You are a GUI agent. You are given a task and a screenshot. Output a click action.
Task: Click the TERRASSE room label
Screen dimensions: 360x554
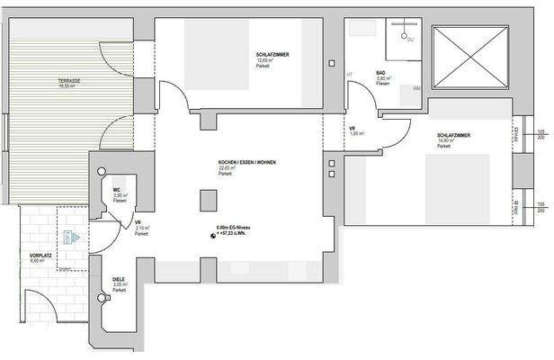point(69,81)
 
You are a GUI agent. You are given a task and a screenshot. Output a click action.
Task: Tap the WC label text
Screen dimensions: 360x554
point(117,190)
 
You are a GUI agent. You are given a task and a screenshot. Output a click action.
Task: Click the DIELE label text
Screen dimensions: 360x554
point(118,280)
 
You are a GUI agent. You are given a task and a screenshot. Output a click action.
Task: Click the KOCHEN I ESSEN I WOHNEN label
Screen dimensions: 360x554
point(246,163)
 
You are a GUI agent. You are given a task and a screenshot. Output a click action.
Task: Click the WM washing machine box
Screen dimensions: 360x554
point(416,89)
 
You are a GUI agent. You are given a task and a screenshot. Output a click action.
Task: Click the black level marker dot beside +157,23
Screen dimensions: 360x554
point(213,237)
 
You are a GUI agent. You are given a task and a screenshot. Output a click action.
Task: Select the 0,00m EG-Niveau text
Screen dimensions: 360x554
point(237,228)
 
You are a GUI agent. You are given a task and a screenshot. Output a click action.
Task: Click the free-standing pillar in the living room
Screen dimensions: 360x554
point(208,200)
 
